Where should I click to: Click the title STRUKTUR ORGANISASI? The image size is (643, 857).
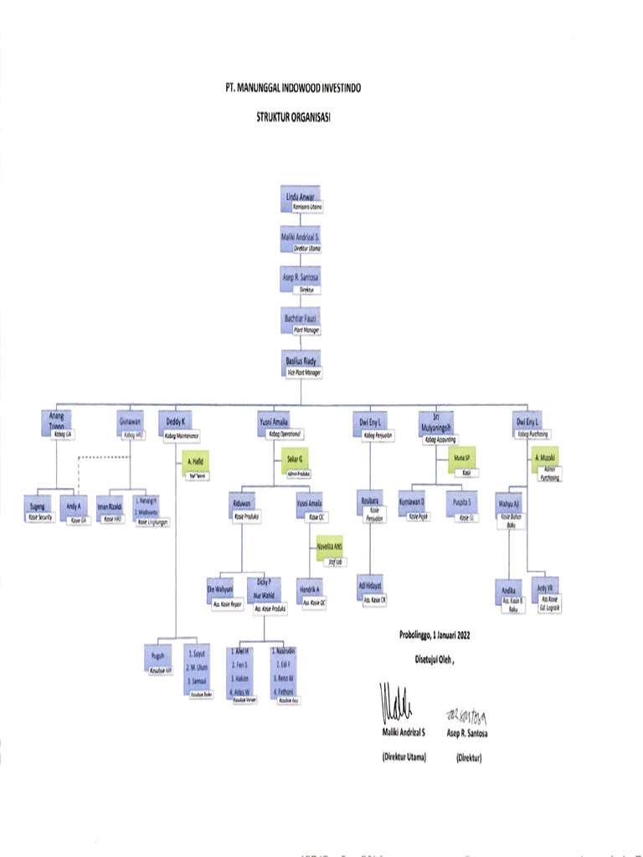point(293,118)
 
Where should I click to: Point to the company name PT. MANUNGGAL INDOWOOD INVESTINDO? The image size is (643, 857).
point(295,87)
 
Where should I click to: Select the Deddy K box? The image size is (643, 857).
point(176,423)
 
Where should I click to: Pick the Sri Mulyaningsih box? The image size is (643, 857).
point(435,421)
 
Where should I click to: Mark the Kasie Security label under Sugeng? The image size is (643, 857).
point(40,518)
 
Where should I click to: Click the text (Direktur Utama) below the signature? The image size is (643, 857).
point(404,757)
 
